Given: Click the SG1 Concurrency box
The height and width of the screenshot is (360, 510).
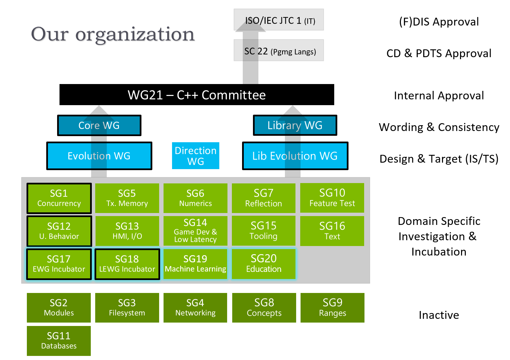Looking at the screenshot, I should point(59,198).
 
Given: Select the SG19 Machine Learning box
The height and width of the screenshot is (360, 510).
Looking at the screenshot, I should point(195,264).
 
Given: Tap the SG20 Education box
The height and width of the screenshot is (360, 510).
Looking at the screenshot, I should point(263,264).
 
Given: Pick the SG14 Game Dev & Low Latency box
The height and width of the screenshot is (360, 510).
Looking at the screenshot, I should point(195,231).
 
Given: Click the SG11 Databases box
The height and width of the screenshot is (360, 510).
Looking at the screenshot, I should point(59,341).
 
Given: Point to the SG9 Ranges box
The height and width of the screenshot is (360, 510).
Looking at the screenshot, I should point(332,308).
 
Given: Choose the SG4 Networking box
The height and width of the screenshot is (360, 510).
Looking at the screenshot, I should point(195,308).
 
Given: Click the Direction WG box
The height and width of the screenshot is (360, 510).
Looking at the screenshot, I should point(195,156).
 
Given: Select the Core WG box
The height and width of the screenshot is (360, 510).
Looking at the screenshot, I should point(99,125).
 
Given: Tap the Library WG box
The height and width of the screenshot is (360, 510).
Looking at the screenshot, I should point(295,125).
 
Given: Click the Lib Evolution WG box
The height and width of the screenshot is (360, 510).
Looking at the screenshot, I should point(295,156).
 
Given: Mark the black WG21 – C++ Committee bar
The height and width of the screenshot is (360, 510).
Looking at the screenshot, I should point(197,95).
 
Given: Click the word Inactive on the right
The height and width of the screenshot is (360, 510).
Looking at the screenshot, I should point(439,315).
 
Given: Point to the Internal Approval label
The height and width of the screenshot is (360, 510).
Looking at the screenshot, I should point(439,96).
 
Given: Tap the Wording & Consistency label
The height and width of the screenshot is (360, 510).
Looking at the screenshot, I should point(439,127).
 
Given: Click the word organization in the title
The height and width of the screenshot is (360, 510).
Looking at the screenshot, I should point(135,34).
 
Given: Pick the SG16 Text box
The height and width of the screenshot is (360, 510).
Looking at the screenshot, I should point(332,231).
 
